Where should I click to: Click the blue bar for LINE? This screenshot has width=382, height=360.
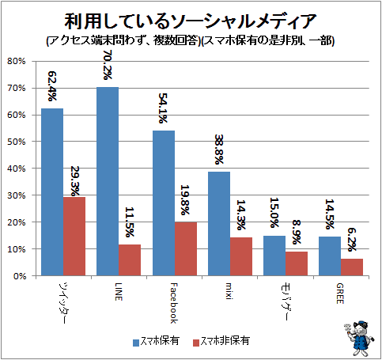108,181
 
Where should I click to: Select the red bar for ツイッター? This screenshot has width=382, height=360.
74,237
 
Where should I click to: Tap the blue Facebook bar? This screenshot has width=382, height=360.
164,203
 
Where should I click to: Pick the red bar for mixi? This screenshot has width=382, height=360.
241,256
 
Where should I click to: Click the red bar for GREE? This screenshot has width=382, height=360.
352,267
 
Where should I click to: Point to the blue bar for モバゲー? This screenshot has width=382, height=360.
274,256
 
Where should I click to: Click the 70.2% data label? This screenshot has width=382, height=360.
108,65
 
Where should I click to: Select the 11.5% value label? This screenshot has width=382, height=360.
130,222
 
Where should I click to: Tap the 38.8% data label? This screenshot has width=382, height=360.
219,150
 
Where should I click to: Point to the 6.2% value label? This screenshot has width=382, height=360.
352,240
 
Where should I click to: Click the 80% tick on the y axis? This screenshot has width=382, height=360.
17,61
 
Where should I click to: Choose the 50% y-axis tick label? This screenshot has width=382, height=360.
17,142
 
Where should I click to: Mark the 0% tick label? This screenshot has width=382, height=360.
20,276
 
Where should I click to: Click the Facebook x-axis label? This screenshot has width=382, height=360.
174,303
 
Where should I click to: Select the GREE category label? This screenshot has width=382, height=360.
340,294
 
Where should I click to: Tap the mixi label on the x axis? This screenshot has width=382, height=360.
229,291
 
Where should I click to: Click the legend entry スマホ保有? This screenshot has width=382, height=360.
157,341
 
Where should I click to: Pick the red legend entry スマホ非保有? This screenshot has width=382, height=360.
221,341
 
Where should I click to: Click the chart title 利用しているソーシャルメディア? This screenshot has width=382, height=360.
190,21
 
